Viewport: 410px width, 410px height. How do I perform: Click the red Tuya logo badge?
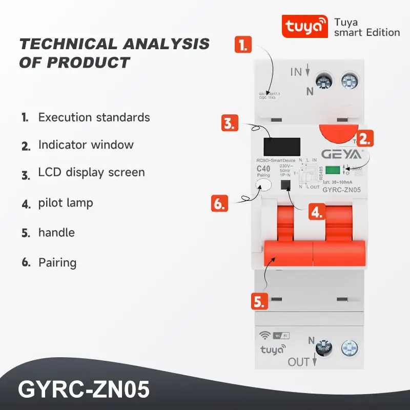tap(304, 25)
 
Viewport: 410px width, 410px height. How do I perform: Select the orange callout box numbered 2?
tap(364, 138)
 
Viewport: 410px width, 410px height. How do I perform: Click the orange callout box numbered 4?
tap(317, 212)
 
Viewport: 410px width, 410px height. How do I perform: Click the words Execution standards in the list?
tap(94, 117)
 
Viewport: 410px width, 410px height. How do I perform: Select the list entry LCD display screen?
tap(91, 173)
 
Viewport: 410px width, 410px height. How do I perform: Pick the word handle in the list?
tap(56, 233)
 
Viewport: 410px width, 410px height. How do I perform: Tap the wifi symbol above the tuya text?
tap(265, 336)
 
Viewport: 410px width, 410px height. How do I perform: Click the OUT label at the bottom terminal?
tap(299, 362)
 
